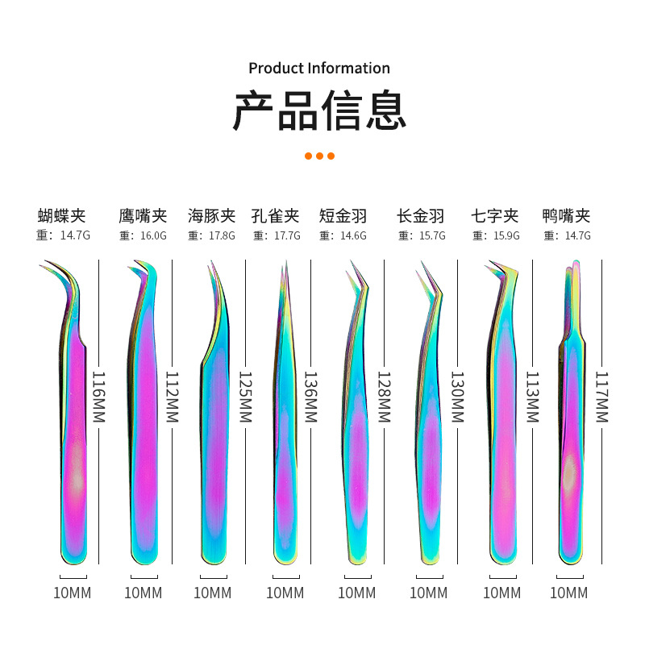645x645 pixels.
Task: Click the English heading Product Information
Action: pos(318,68)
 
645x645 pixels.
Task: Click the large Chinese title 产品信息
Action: pos(319,111)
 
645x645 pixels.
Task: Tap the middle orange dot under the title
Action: pos(319,156)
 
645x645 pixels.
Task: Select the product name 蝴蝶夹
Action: pos(61,215)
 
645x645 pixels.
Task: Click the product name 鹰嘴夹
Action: pos(143,215)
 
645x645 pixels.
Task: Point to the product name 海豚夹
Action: pos(211,215)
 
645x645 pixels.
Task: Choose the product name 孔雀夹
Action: pos(275,215)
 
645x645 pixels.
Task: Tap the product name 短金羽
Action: pos(343,215)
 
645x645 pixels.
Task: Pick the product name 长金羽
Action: pos(421,215)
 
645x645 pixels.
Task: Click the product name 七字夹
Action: pos(495,215)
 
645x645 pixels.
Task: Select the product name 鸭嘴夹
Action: pos(566,215)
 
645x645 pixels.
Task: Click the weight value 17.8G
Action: pos(222,236)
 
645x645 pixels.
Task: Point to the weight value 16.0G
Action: pos(153,236)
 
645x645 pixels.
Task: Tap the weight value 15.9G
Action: pos(506,236)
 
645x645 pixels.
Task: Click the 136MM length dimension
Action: pos(310,397)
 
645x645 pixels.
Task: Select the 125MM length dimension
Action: pos(245,397)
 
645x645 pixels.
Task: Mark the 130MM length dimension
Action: pos(457,397)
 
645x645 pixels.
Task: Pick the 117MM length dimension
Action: pos(601,397)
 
